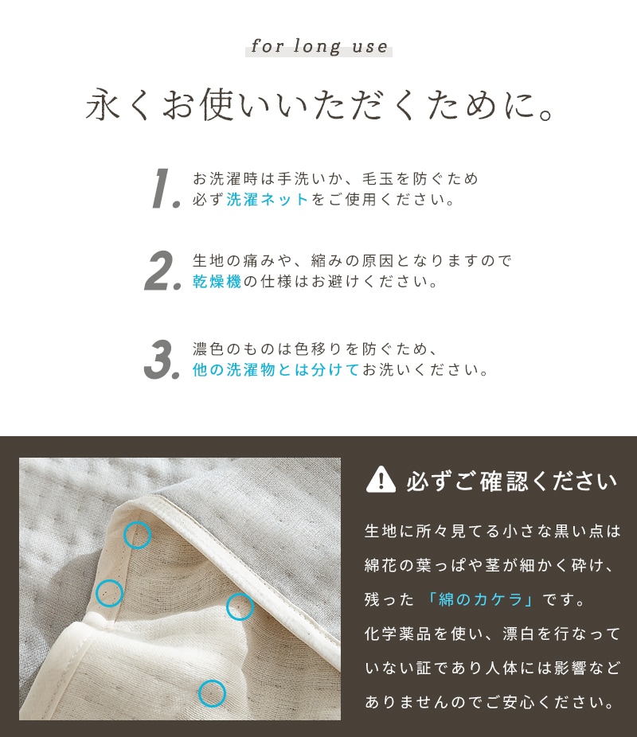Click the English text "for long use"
point(319,46)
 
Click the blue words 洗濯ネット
point(268,199)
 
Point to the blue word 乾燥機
point(217,281)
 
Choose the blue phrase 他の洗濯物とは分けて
point(276,370)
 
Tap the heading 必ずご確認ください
point(511,482)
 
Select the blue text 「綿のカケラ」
point(480,599)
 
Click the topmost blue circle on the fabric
point(137,535)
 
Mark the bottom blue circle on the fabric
point(212,693)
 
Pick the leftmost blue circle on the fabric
point(110,593)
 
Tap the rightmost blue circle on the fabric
point(240,606)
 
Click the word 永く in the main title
point(118,104)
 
